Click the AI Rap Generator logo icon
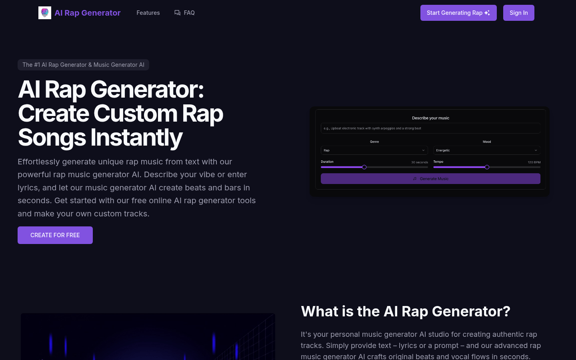[x=45, y=13]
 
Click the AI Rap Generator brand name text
[x=88, y=13]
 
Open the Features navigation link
[x=148, y=13]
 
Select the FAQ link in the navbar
[x=189, y=13]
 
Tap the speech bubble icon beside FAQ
[x=177, y=13]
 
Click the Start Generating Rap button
[x=458, y=13]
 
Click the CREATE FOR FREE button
[x=55, y=235]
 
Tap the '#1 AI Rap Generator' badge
[x=83, y=65]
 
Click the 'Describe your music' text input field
[x=430, y=128]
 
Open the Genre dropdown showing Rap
[x=374, y=150]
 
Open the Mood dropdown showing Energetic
[x=486, y=150]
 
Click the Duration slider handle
[x=364, y=167]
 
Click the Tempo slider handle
[x=487, y=167]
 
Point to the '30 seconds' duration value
[x=419, y=162]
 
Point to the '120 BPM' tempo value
[x=534, y=162]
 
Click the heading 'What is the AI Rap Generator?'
[x=405, y=311]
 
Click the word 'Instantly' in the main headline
[x=136, y=138]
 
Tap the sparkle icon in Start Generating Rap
[x=487, y=13]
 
